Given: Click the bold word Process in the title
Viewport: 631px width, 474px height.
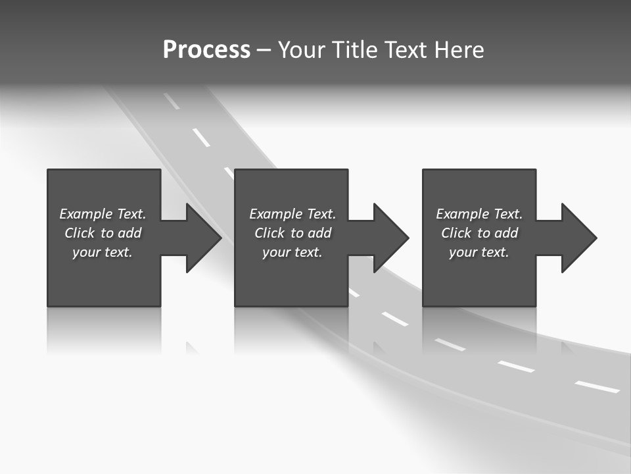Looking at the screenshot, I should (x=206, y=50).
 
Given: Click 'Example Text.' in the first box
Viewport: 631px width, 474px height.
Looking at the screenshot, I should (x=103, y=214).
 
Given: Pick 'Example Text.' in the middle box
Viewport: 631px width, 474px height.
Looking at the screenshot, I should (x=292, y=214).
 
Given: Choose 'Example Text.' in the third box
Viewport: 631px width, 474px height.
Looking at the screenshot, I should (x=479, y=214).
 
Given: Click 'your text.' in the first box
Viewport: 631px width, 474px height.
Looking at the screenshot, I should (x=103, y=252).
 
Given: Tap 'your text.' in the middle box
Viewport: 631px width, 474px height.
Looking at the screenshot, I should (x=292, y=252).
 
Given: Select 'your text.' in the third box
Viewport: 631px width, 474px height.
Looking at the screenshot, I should (x=479, y=252).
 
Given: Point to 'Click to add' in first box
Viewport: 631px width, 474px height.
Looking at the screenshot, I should (x=103, y=233).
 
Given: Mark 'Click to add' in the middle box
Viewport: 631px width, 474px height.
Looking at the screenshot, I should (x=292, y=233).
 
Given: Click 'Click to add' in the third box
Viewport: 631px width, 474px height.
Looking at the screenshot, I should (x=479, y=233).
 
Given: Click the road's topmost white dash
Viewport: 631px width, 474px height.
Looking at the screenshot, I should (x=172, y=101).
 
